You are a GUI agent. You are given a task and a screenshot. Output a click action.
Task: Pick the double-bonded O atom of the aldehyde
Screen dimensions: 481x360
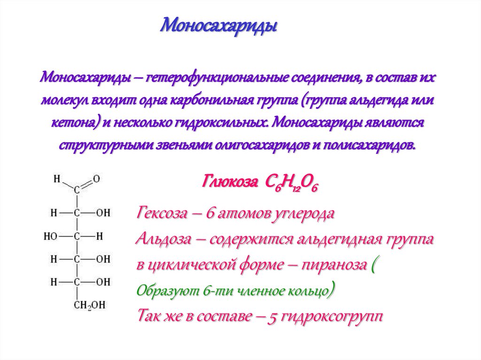(x=96, y=178)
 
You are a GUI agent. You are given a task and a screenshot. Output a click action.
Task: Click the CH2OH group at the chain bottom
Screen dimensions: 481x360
(x=89, y=306)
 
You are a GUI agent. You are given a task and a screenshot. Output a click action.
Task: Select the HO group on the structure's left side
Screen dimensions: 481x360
(x=51, y=236)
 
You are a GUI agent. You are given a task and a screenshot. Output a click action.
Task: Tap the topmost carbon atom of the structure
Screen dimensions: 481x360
(x=77, y=190)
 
